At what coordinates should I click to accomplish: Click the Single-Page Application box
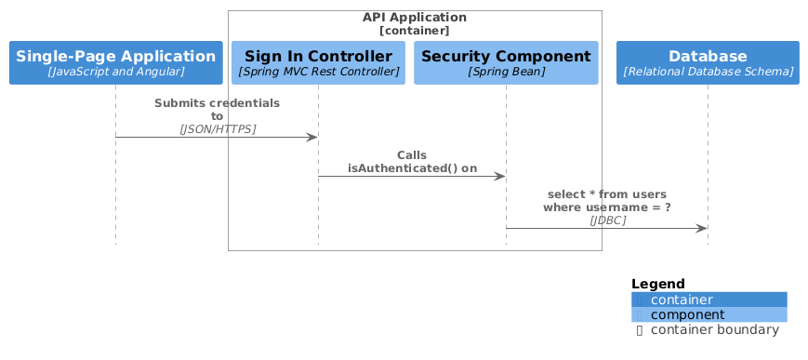[x=115, y=62]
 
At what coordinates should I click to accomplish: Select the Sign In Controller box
[x=318, y=62]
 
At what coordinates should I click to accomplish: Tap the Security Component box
[x=506, y=62]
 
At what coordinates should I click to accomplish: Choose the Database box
[x=708, y=62]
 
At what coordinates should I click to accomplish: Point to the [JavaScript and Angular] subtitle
[x=115, y=72]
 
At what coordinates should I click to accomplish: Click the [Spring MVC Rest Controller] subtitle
[x=318, y=72]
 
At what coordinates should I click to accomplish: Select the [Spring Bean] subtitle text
[x=506, y=72]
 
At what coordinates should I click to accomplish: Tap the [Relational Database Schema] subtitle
[x=708, y=72]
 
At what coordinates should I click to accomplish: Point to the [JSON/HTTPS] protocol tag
[x=217, y=128]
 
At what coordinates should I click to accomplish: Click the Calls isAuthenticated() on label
[x=412, y=162]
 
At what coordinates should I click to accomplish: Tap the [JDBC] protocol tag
[x=607, y=220]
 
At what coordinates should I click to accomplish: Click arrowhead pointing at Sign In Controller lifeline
[x=312, y=137]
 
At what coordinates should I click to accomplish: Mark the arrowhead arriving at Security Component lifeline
[x=500, y=176]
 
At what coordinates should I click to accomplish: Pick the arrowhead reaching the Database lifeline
[x=702, y=228]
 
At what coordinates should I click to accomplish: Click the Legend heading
[x=657, y=284]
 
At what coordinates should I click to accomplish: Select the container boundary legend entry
[x=714, y=329]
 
